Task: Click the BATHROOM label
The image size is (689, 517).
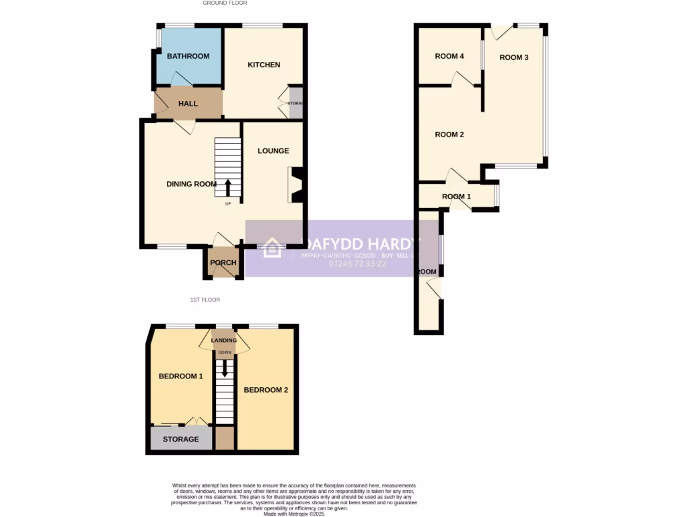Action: coord(188,56)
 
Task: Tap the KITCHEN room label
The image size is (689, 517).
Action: coord(264,65)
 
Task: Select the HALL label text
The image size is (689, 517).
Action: coord(188,104)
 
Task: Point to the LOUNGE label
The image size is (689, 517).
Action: coord(273,151)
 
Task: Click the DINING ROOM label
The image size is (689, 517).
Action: coord(192,184)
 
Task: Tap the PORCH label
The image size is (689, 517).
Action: coord(222,263)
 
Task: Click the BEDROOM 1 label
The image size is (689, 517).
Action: coord(180,376)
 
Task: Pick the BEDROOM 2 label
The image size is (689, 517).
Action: coord(266,390)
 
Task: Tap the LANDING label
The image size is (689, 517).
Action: coord(224,340)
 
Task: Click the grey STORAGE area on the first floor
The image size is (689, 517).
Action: coord(180,440)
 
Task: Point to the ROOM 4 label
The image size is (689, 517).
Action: coord(449,56)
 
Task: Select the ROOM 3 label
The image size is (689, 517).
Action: coord(514,57)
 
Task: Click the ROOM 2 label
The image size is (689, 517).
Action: coord(449,134)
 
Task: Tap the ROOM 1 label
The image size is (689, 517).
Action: coord(457,197)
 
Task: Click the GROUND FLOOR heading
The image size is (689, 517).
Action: coord(225,3)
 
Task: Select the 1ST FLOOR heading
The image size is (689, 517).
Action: coord(205,300)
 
